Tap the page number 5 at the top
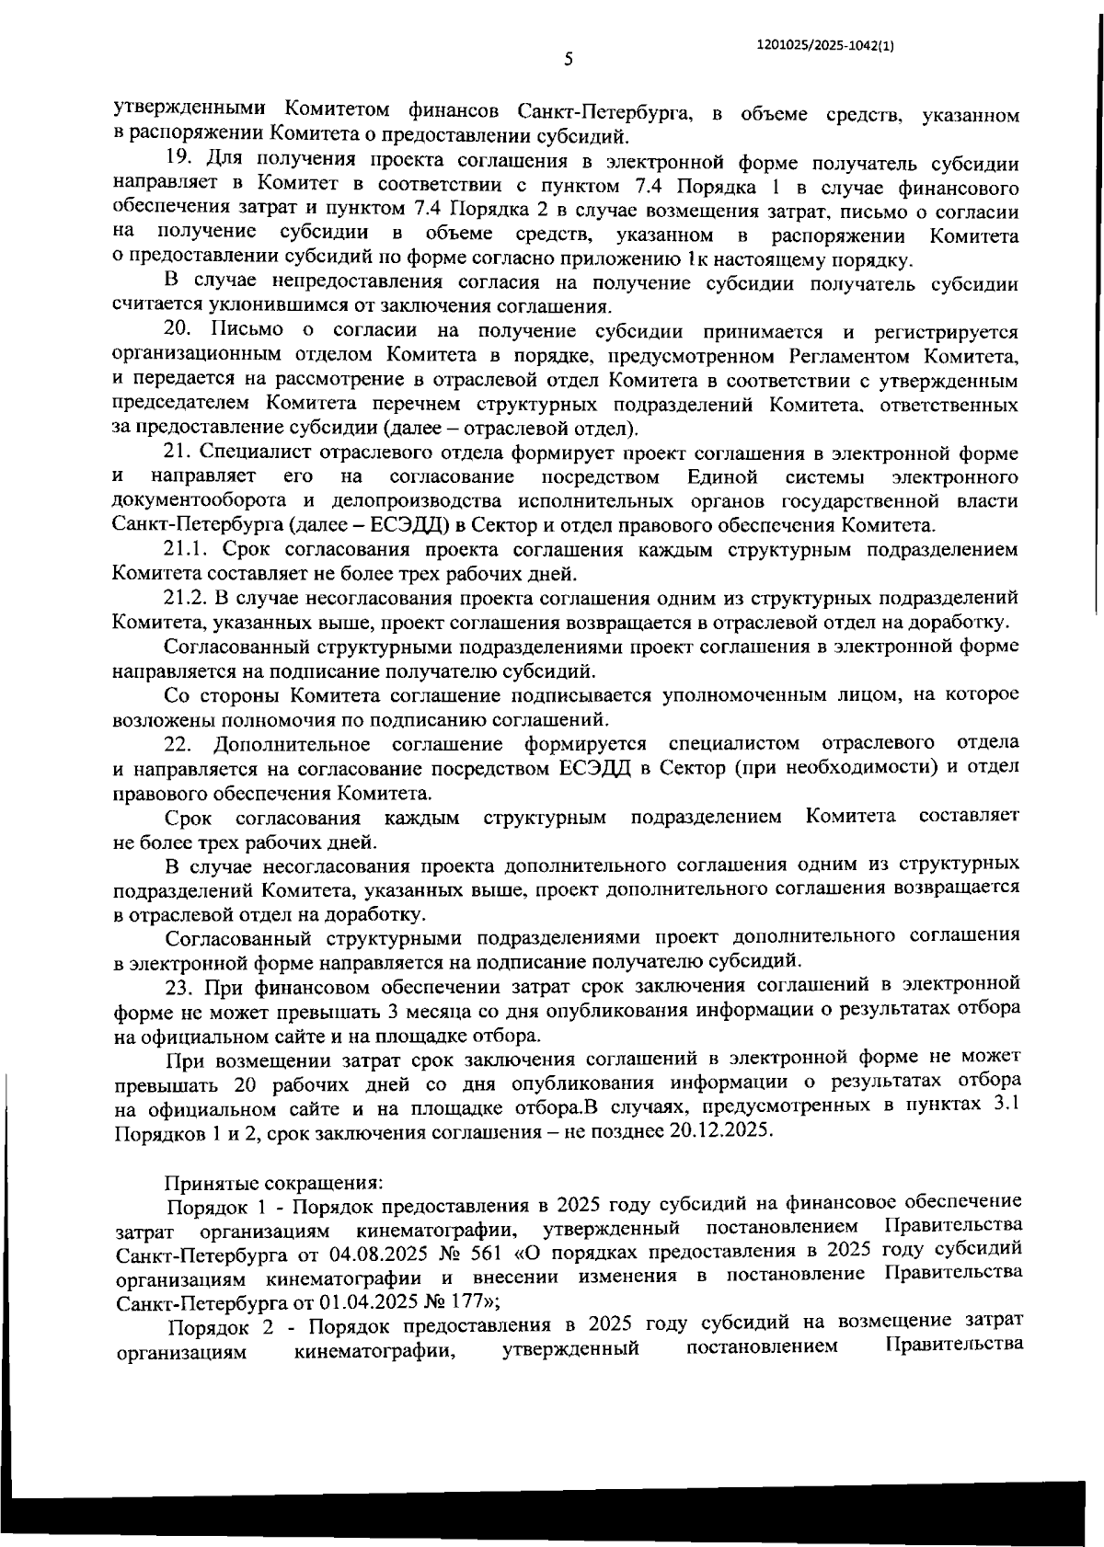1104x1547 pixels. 568,60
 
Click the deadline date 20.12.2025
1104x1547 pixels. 720,1130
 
